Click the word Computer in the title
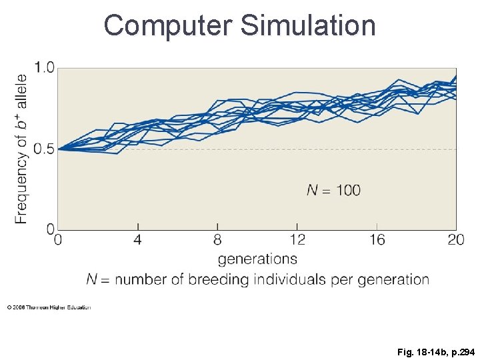[x=167, y=25]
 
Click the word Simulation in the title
[x=308, y=25]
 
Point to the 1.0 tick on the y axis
[x=45, y=68]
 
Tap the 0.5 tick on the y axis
[x=45, y=149]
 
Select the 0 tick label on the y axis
[x=51, y=229]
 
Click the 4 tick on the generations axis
[x=138, y=239]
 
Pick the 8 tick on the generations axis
[x=217, y=239]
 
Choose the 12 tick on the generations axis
[x=297, y=239]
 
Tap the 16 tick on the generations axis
[x=377, y=239]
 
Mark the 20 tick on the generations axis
[x=456, y=239]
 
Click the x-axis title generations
[x=257, y=259]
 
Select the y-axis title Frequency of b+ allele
[x=21, y=141]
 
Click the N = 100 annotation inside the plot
[x=333, y=191]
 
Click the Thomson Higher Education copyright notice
[x=49, y=307]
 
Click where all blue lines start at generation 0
[x=59, y=149]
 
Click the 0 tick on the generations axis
[x=59, y=239]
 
